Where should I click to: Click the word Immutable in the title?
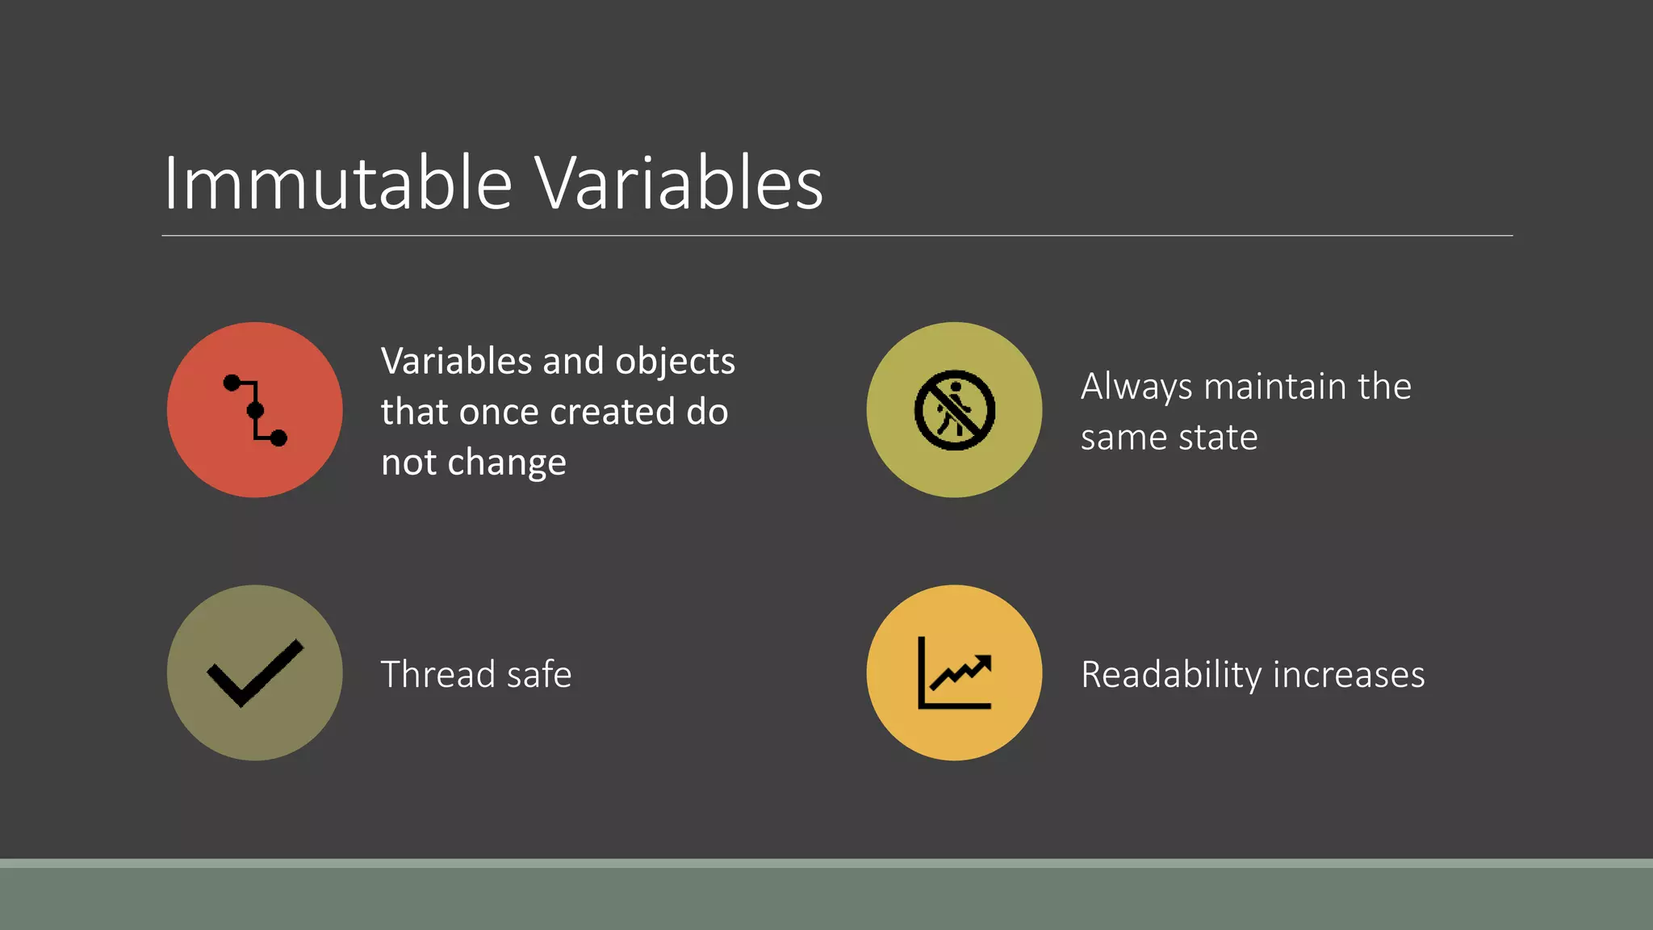(x=337, y=184)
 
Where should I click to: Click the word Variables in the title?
(x=678, y=184)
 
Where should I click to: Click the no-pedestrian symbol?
(x=954, y=410)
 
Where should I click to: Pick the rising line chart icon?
(x=954, y=672)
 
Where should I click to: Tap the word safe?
(x=539, y=674)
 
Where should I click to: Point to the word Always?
(x=1136, y=387)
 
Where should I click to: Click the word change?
(x=507, y=463)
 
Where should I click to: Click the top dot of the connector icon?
(x=232, y=383)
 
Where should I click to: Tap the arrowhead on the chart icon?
(x=983, y=664)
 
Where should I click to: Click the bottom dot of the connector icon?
(x=278, y=438)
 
